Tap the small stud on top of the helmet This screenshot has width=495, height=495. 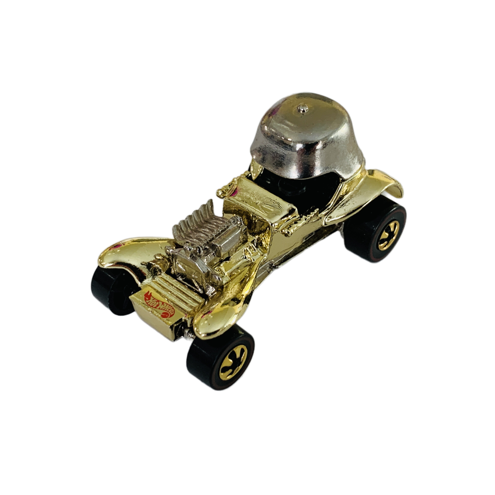click(303, 109)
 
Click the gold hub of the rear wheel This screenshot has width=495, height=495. click(388, 235)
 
